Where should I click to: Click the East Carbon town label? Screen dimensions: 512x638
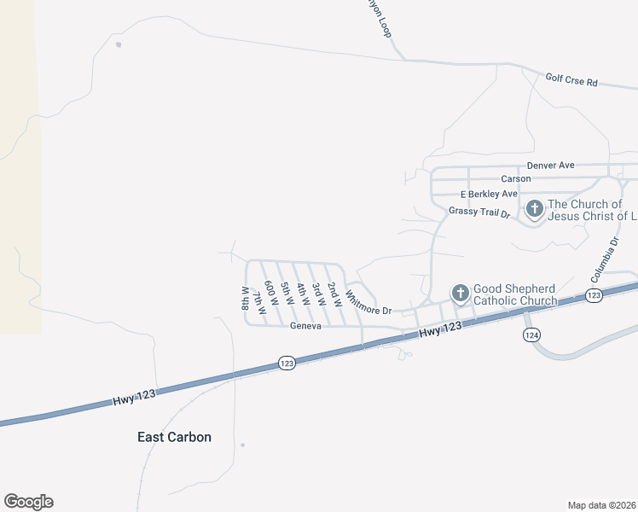pyautogui.click(x=174, y=437)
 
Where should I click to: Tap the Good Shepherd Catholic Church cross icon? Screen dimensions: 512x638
pyautogui.click(x=460, y=294)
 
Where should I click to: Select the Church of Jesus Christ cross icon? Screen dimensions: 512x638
pyautogui.click(x=534, y=209)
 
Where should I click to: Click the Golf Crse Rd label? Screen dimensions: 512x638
pyautogui.click(x=571, y=82)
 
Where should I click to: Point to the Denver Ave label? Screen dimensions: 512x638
pyautogui.click(x=551, y=165)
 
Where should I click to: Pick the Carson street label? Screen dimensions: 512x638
pyautogui.click(x=516, y=178)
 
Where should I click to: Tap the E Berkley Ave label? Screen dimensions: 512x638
pyautogui.click(x=490, y=194)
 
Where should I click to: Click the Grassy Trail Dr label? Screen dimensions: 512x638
pyautogui.click(x=478, y=212)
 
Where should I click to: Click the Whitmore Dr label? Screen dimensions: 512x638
pyautogui.click(x=368, y=305)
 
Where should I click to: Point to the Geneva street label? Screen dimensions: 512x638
pyautogui.click(x=304, y=326)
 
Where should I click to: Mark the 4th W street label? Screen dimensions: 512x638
pyautogui.click(x=301, y=294)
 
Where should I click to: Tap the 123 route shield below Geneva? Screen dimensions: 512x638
pyautogui.click(x=287, y=364)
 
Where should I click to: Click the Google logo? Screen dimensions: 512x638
pyautogui.click(x=28, y=502)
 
